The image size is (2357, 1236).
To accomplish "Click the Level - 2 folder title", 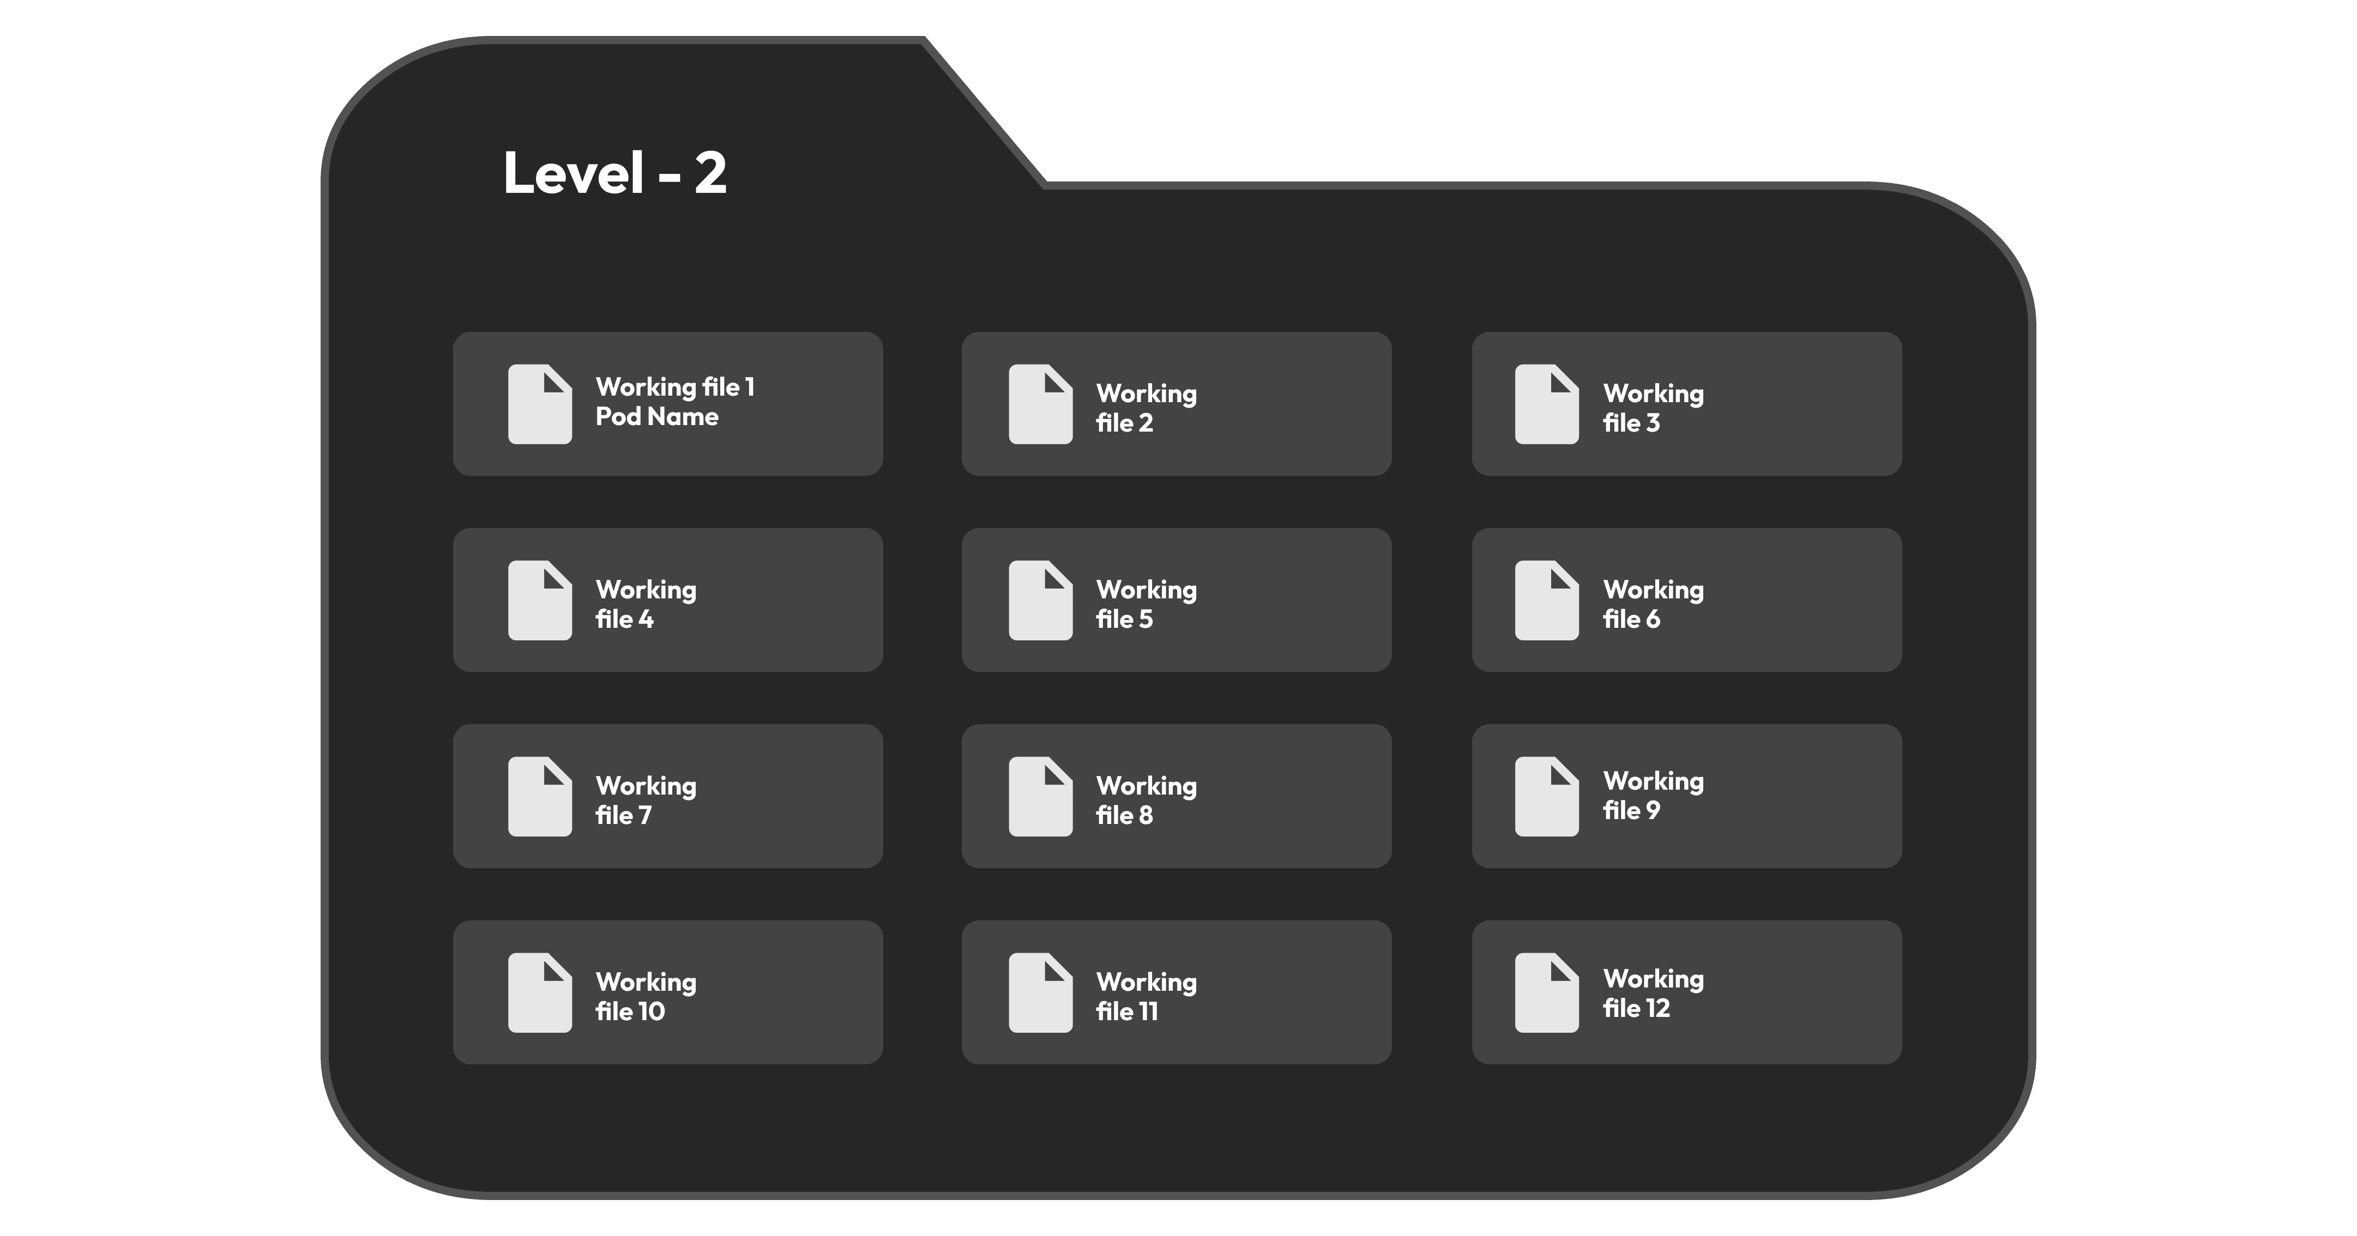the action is click(615, 172).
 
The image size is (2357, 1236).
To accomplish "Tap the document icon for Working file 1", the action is click(540, 404).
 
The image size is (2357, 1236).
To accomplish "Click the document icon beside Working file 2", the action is click(1040, 404).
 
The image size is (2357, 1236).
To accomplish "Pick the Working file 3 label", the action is click(1653, 408).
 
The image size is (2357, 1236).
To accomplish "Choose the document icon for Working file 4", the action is click(540, 600).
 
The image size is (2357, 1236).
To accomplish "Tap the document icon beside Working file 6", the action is click(1546, 600).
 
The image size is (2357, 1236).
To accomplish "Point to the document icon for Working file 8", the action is click(1040, 796).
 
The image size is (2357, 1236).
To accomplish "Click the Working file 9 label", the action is click(1653, 795).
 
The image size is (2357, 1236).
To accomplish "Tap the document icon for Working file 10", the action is click(540, 992).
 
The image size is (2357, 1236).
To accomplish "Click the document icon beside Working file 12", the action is click(1546, 992).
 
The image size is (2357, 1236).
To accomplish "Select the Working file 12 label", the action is click(1653, 993).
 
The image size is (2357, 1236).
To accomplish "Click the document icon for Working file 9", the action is click(1546, 796).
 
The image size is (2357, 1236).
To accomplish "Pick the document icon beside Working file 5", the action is click(1040, 600).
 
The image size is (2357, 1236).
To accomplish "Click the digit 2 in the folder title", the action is click(710, 173).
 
